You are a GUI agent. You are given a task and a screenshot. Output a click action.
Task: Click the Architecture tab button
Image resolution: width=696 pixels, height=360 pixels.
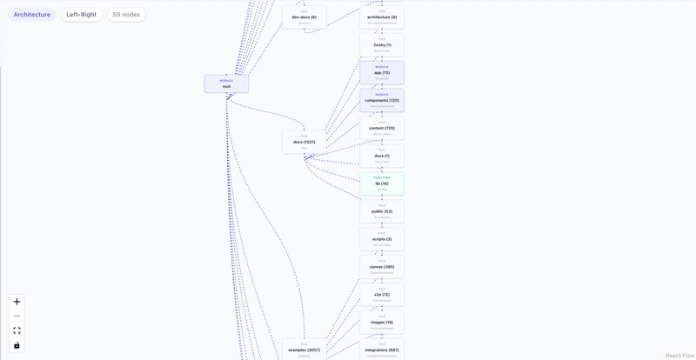coord(32,15)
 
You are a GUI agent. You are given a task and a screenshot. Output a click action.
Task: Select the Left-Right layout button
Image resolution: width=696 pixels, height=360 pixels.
coord(81,15)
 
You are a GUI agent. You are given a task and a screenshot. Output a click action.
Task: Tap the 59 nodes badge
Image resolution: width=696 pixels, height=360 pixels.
coord(126,15)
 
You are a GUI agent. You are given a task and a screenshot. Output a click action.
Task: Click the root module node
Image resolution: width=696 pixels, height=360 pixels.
coord(226,84)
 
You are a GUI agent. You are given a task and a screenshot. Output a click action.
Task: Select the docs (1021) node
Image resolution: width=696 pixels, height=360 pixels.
coord(304,142)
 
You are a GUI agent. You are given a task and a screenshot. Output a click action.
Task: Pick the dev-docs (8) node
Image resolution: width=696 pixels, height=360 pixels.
coord(304,17)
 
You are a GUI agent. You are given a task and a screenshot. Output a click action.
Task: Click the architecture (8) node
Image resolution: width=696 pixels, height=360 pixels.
coord(382,17)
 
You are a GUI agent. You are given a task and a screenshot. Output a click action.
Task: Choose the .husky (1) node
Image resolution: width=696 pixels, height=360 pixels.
coord(382,45)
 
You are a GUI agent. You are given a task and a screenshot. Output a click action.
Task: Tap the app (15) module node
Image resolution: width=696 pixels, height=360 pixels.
coord(382,73)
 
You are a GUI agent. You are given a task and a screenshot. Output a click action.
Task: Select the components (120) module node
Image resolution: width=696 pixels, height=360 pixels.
coord(382,100)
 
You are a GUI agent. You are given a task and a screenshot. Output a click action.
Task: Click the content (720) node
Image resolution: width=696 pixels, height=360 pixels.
coord(382,128)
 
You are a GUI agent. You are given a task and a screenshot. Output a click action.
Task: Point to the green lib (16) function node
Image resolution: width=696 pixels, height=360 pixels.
coord(382,183)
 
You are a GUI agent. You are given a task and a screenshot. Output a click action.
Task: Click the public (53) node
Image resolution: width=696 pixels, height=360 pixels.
coord(382,211)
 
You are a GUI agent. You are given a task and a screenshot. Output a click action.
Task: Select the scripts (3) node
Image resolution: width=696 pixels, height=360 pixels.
coord(382,239)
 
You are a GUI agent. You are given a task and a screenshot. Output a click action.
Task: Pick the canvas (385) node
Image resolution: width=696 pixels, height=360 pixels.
coord(382,267)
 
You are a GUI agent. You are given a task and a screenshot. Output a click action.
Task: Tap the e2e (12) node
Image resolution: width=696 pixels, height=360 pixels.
coord(382,295)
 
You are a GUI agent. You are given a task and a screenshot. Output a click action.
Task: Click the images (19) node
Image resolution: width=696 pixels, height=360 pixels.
coord(382,323)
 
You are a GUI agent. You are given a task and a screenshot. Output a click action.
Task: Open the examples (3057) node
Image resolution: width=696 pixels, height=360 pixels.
coord(304,350)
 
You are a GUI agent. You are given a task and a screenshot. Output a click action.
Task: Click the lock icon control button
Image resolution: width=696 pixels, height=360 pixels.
coord(17,345)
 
